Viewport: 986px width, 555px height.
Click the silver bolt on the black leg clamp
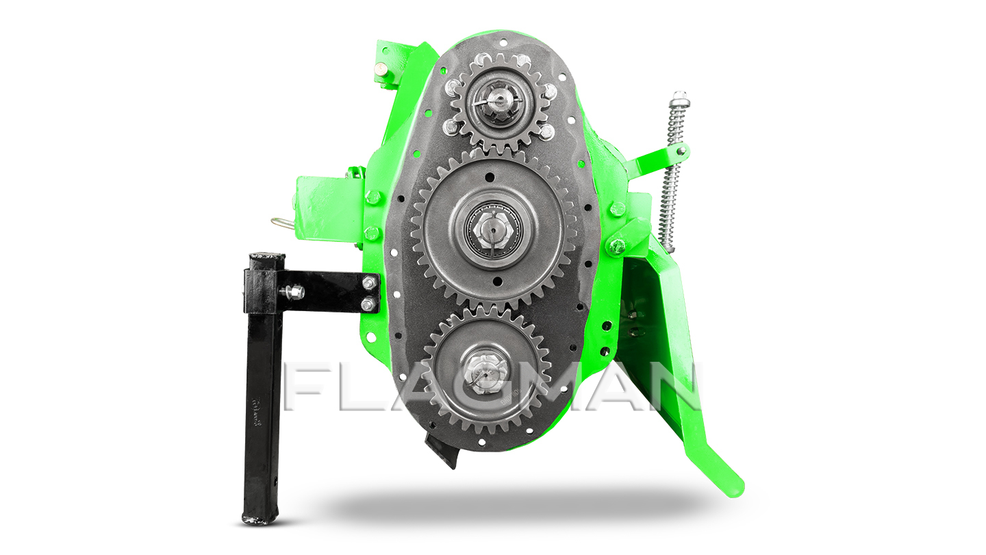293,291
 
